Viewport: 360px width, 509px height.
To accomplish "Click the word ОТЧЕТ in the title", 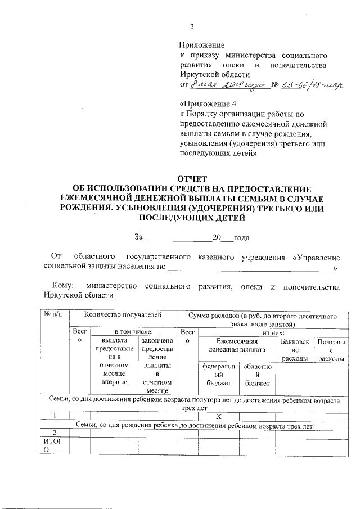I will tap(193, 179).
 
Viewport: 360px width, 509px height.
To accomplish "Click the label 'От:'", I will tap(58, 257).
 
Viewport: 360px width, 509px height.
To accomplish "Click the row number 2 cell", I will tap(54, 433).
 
